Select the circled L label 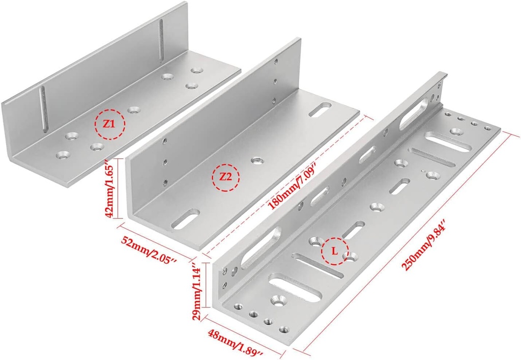[x=334, y=251]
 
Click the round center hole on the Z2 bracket [x=256, y=160]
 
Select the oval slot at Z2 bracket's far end [x=322, y=108]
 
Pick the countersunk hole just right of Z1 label [x=134, y=109]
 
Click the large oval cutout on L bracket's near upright [x=260, y=247]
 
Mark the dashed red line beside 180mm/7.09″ [x=285, y=183]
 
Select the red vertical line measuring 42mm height [x=118, y=189]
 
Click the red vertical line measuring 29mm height [x=205, y=285]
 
